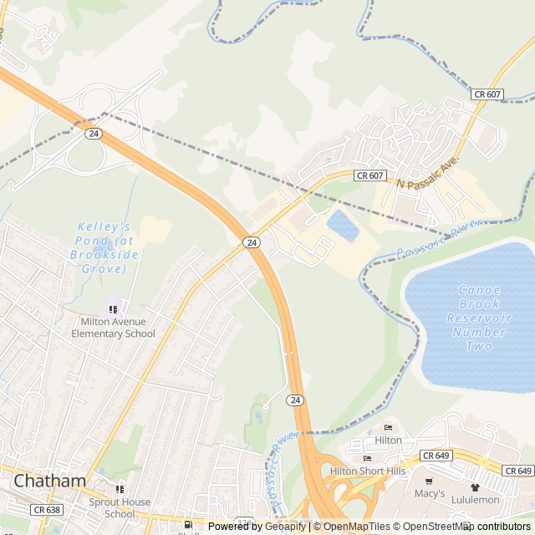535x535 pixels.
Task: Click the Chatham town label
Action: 50,481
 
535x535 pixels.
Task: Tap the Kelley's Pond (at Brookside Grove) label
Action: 104,247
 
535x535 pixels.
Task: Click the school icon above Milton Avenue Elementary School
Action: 113,308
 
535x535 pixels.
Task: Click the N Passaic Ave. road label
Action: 429,171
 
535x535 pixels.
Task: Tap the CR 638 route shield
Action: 47,509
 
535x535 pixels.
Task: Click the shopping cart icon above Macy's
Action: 430,481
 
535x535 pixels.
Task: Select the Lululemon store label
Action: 476,499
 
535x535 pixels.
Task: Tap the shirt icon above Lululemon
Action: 475,487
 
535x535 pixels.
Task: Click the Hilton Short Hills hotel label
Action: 368,471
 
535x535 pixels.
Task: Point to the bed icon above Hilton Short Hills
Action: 367,459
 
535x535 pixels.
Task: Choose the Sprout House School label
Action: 120,507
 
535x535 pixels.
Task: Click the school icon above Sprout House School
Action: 120,489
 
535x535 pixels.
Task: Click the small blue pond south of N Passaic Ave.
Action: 343,225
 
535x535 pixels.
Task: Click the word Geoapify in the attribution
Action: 286,527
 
